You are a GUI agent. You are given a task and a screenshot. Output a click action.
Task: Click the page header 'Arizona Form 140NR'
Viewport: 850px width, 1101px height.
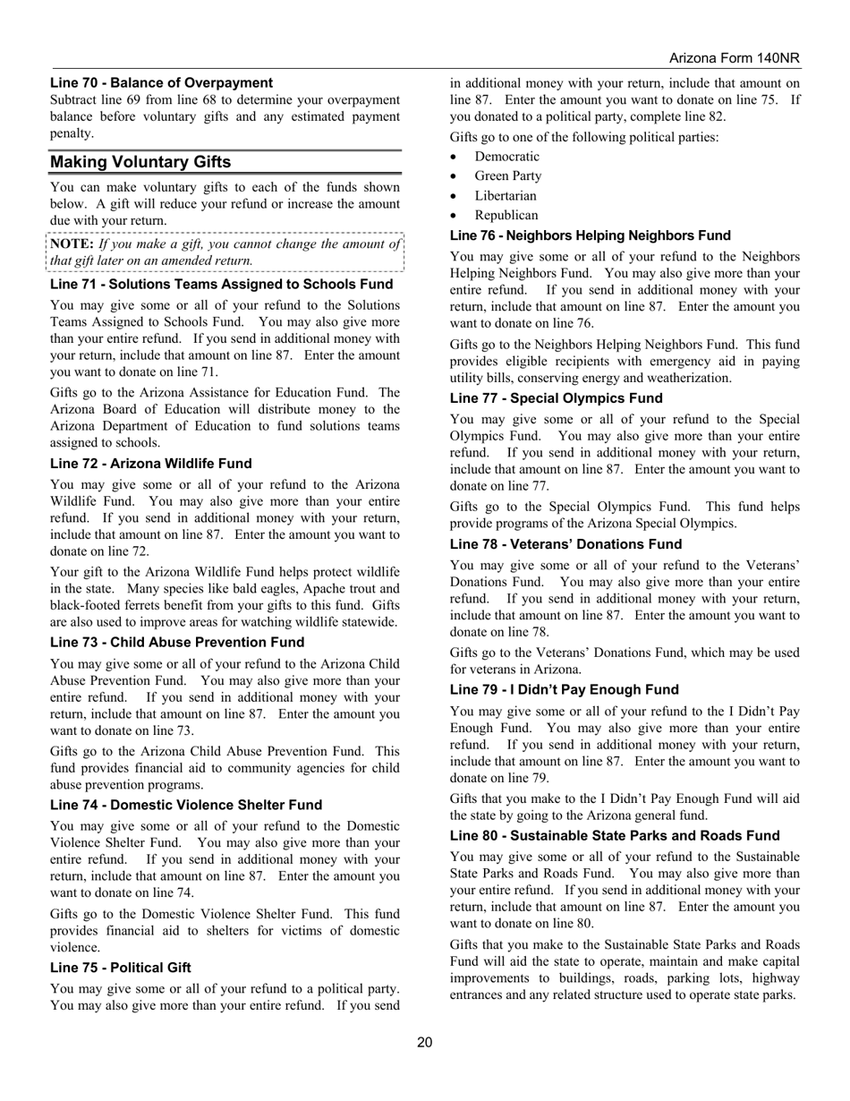pos(734,58)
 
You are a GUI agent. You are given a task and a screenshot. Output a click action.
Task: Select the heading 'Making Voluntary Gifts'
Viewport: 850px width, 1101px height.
pos(140,162)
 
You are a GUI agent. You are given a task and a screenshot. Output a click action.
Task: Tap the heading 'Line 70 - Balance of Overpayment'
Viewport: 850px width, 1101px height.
pos(161,82)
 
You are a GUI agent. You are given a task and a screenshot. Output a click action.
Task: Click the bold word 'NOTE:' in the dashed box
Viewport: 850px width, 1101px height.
pos(72,243)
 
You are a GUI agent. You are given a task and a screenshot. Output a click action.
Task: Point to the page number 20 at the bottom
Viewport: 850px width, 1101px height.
pos(424,1041)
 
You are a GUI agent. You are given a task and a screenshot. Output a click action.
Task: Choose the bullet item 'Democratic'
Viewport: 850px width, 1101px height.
pos(507,157)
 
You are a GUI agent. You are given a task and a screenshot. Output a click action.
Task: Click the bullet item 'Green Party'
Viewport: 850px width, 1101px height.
pos(508,176)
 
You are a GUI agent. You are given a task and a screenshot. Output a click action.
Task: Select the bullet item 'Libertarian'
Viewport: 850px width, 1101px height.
pos(506,196)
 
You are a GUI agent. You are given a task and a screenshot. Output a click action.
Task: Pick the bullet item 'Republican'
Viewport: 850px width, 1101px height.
pos(506,216)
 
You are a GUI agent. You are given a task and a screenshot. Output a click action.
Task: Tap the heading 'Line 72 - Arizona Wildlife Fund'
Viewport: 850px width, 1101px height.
pos(150,464)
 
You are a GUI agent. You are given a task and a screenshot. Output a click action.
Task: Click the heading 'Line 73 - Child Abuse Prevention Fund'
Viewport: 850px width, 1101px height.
pos(177,643)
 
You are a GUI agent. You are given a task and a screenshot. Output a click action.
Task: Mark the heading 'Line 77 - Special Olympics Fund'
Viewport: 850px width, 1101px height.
pos(556,398)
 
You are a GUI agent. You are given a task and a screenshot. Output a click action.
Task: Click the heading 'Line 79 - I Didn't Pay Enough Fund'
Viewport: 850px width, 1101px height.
pos(564,690)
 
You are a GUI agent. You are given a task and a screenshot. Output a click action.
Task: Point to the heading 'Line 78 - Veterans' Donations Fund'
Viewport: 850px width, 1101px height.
pos(565,544)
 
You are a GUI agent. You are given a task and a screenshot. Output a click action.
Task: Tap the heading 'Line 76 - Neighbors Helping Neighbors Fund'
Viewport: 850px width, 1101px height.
pos(590,235)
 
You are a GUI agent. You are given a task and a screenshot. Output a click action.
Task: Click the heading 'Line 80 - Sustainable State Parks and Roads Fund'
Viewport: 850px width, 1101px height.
pos(615,836)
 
